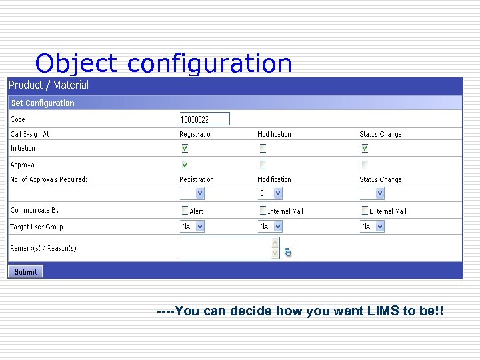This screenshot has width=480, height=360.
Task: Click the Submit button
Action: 25,271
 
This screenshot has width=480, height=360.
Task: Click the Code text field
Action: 204,119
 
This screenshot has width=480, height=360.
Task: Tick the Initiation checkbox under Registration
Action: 185,148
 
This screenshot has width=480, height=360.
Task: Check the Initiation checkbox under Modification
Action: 263,148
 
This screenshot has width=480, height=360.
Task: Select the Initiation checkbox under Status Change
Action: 365,148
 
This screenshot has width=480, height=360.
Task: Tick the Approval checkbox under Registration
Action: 185,165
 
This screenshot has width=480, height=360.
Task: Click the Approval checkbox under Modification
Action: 263,165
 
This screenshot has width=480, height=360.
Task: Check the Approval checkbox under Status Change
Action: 365,165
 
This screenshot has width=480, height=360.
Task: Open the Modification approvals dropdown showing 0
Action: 270,193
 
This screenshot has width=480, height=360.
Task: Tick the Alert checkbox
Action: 185,211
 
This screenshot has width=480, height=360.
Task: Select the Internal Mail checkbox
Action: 263,211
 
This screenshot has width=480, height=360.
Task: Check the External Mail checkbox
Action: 365,211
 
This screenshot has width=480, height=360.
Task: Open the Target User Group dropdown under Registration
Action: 192,227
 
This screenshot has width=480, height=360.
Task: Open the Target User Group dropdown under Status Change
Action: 372,227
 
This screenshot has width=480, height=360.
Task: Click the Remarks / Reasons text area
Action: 225,248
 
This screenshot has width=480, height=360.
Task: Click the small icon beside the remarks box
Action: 288,253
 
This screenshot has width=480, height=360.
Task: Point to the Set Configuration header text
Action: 43,103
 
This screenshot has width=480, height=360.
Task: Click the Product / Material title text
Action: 48,85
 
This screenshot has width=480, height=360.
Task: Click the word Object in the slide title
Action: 77,64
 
